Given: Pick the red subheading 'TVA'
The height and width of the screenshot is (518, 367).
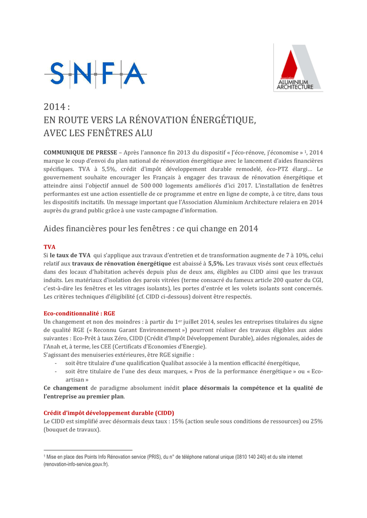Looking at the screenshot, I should [50, 246].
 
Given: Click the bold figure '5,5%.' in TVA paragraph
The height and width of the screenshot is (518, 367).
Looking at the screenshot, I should [216, 264].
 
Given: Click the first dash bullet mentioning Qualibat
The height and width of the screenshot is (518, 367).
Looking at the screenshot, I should [56, 363].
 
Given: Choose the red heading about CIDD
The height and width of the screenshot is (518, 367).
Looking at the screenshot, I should [109, 412].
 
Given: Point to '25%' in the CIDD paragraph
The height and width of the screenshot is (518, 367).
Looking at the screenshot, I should [316, 421].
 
